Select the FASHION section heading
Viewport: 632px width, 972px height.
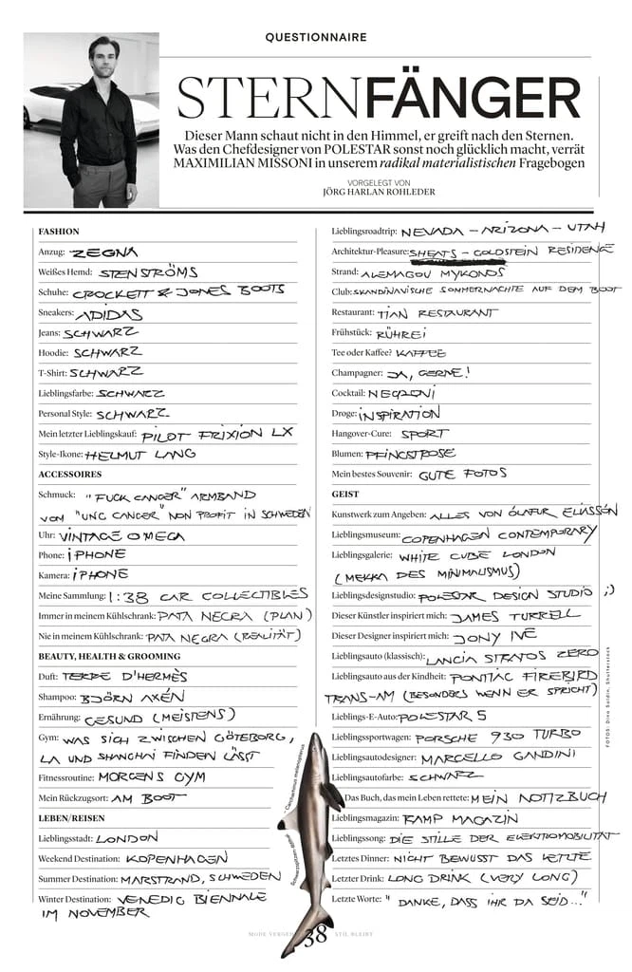click(59, 232)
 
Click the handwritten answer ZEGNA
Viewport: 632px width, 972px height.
click(104, 252)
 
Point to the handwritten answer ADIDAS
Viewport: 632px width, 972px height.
click(109, 313)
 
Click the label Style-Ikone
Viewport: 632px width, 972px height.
click(59, 454)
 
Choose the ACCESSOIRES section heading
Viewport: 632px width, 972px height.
click(70, 474)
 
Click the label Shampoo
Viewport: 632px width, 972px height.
click(58, 697)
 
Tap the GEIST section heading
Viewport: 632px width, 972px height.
click(345, 494)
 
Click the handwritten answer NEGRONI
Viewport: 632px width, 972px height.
click(401, 393)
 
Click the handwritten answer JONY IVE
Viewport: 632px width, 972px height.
click(493, 635)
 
